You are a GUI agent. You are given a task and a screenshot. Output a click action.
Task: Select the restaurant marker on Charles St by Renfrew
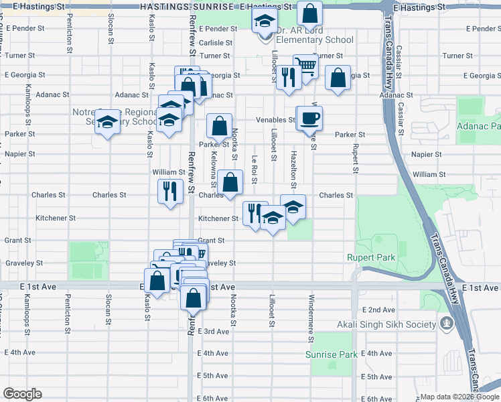[170, 192]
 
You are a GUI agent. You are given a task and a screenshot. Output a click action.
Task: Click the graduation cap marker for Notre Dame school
[106, 122]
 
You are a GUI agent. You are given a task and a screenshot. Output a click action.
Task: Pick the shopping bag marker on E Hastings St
[309, 13]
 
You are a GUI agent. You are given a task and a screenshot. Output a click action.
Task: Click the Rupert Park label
[370, 257]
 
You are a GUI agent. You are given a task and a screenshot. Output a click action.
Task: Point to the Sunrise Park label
[331, 354]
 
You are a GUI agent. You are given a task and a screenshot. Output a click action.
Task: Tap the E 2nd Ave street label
[378, 310]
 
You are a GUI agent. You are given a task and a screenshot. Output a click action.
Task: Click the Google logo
[22, 394]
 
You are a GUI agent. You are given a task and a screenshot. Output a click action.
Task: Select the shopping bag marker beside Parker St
[219, 125]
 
